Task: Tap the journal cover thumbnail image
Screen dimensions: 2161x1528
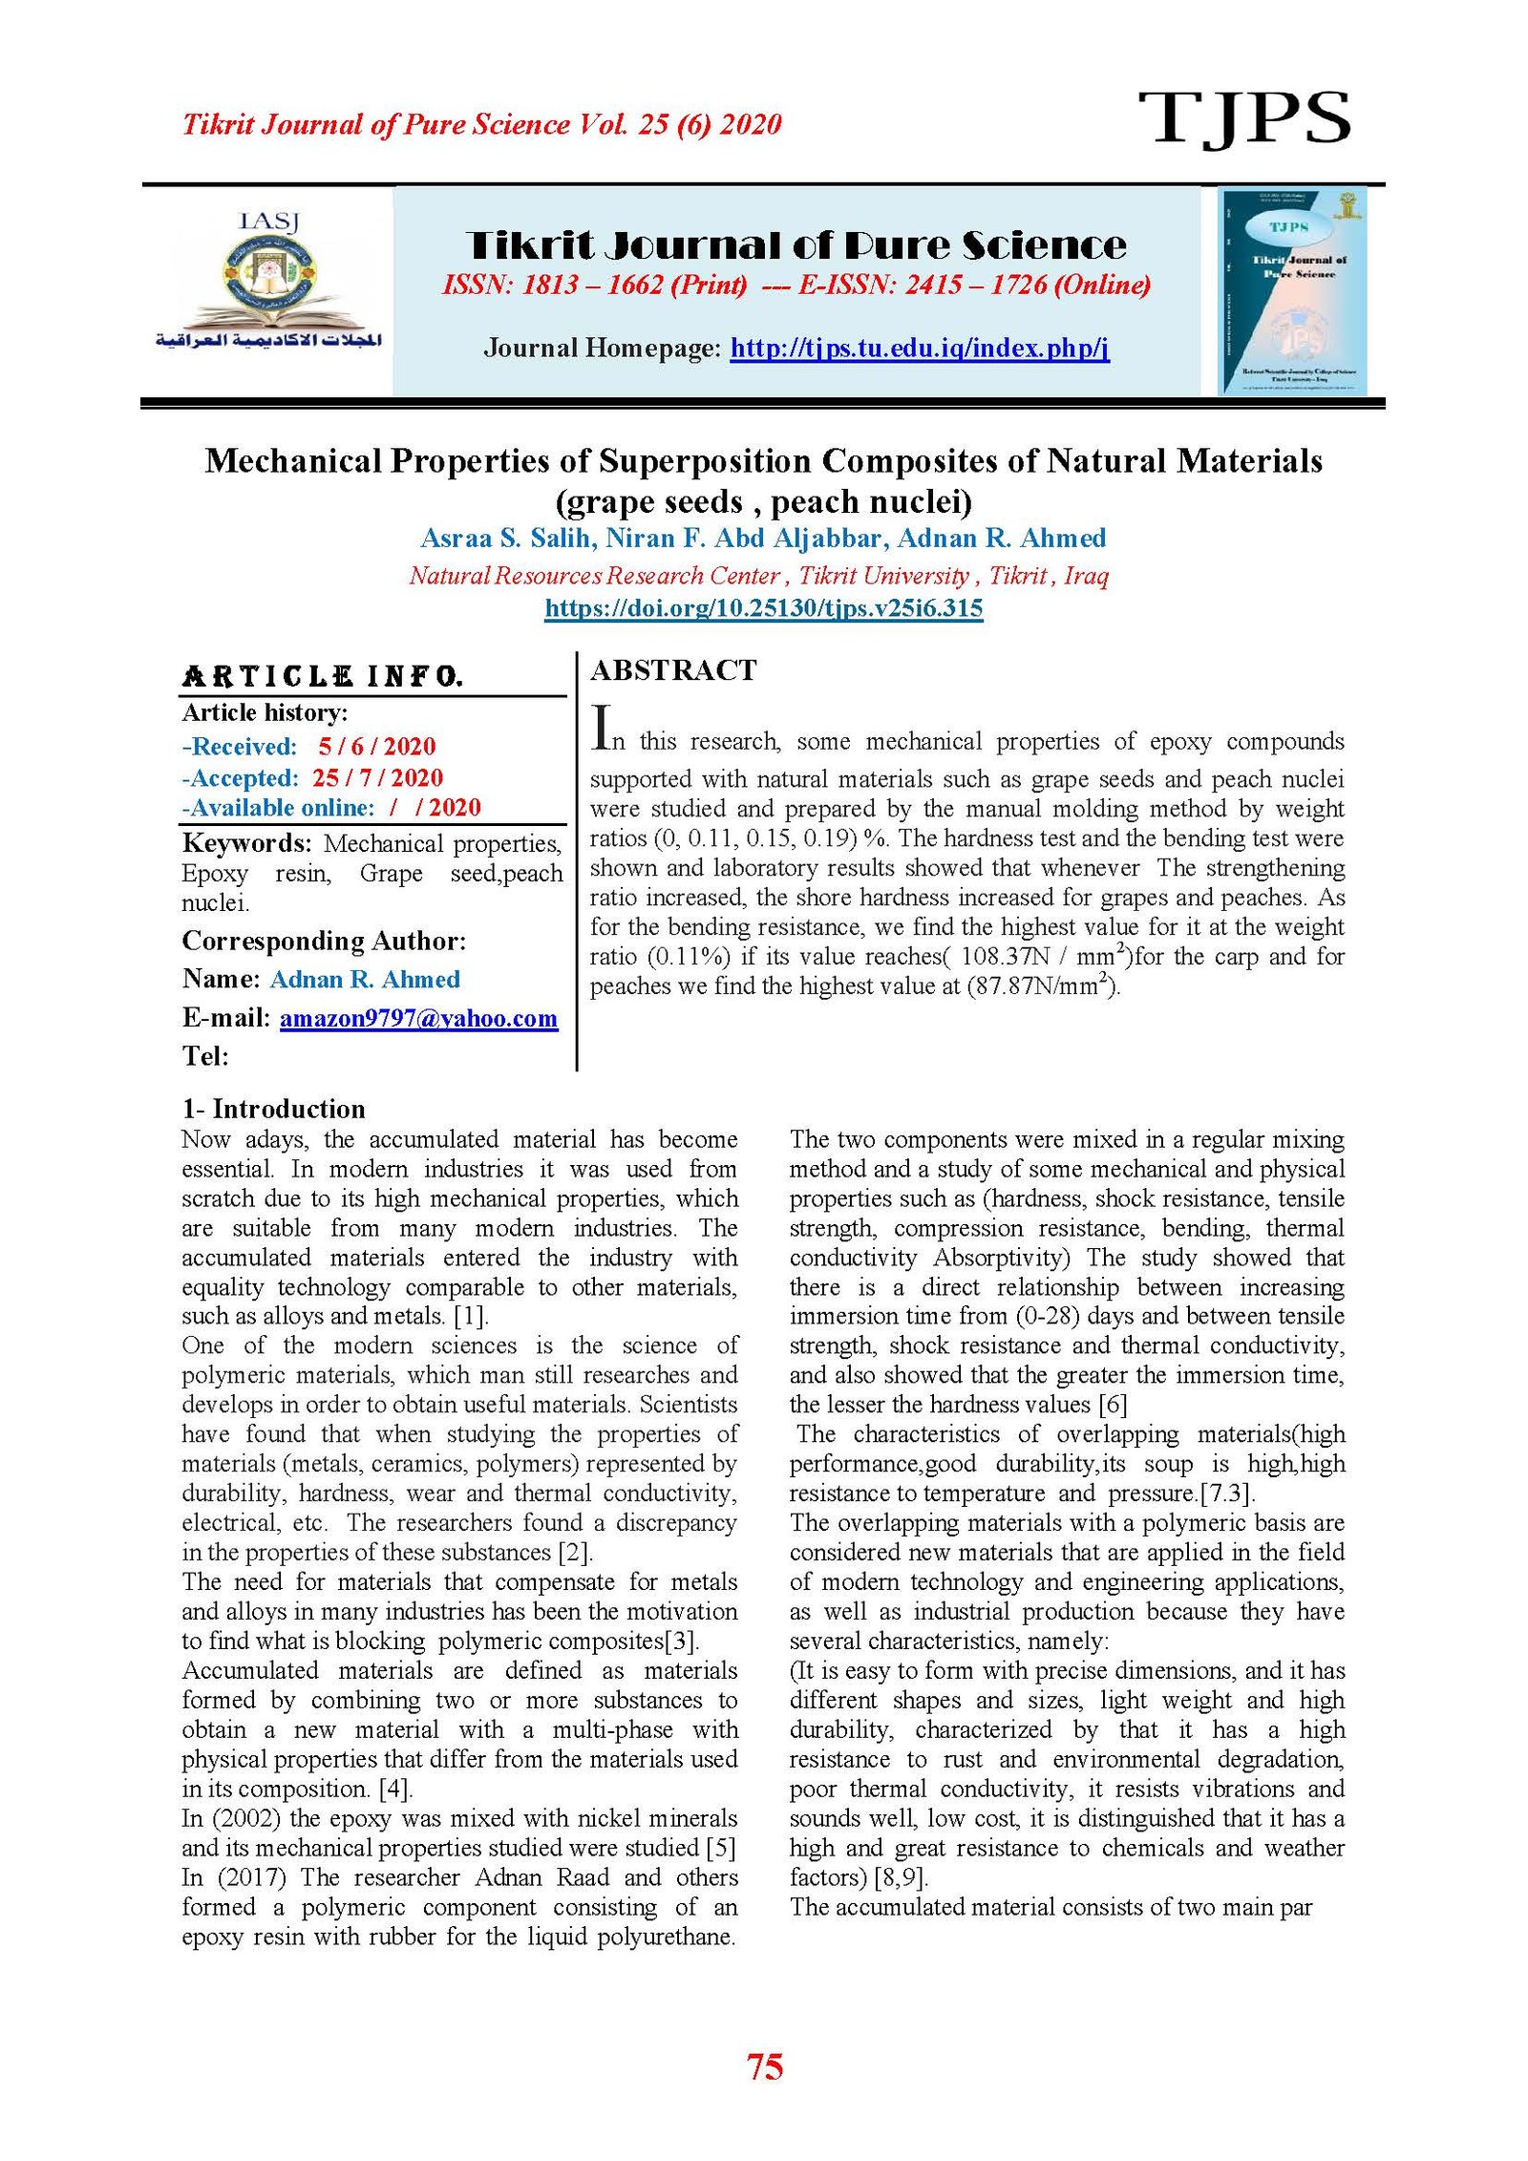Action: pyautogui.click(x=1292, y=291)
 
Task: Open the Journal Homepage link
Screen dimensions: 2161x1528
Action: pyautogui.click(x=919, y=348)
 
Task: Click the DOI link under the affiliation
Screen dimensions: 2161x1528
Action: pyautogui.click(x=763, y=608)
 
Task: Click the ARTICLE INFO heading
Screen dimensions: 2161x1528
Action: pyautogui.click(x=322, y=677)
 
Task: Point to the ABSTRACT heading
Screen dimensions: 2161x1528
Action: pyautogui.click(x=673, y=670)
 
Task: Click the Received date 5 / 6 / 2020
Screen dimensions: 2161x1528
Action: pyautogui.click(x=376, y=747)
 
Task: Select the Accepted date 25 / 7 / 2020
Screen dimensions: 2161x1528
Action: pyautogui.click(x=377, y=777)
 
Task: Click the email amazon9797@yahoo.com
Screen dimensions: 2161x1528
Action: pyautogui.click(x=418, y=1018)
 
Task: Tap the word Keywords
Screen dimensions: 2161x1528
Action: pyautogui.click(x=246, y=843)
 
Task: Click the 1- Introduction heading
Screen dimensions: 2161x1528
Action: pyautogui.click(x=274, y=1109)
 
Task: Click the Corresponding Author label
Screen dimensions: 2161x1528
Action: pyautogui.click(x=324, y=942)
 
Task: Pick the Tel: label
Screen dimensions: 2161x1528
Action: pyautogui.click(x=205, y=1056)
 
